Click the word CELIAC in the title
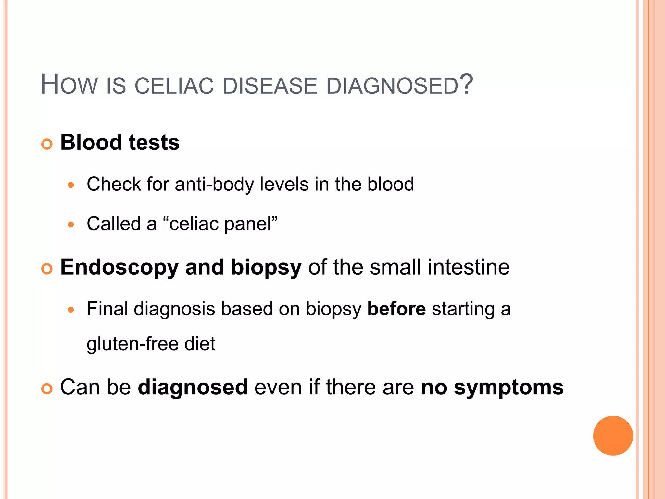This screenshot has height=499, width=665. click(174, 86)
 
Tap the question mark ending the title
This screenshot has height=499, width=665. click(466, 84)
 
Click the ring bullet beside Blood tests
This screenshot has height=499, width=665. click(47, 144)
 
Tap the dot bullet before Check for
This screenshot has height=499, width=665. click(71, 186)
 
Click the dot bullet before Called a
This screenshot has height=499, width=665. click(71, 224)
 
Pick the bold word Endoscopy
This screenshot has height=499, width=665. click(119, 267)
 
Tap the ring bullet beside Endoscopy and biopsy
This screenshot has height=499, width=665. click(47, 269)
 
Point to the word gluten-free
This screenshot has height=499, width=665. click(132, 344)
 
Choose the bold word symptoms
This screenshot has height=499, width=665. click(508, 388)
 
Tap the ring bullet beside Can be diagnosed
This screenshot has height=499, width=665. click(47, 389)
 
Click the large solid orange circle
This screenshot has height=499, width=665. click(613, 436)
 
